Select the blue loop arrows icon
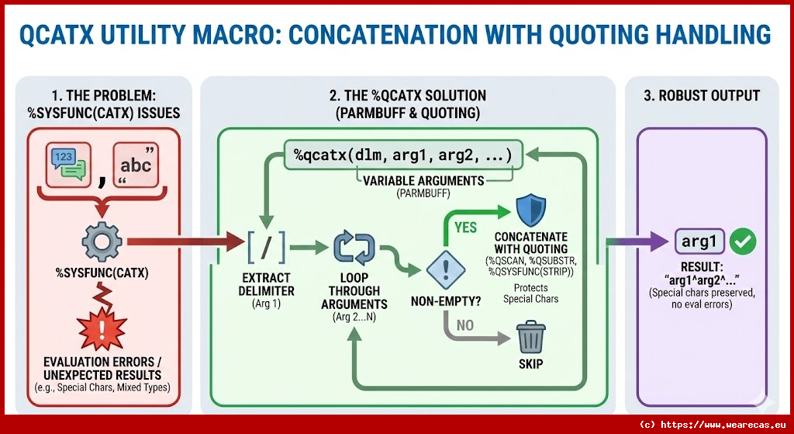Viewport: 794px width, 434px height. click(354, 249)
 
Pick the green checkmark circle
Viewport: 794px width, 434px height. click(743, 242)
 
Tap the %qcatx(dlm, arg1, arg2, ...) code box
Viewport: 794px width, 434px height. click(402, 155)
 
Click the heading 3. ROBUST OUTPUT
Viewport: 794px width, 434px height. click(702, 96)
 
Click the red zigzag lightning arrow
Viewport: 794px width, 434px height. click(102, 293)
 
